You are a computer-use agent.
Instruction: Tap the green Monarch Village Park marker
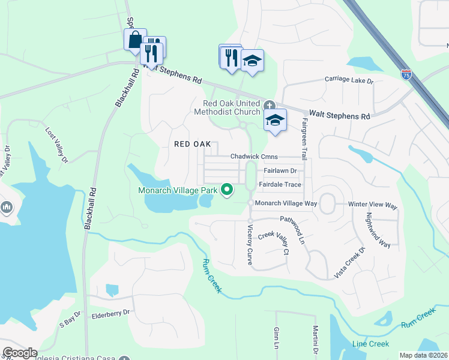(x=227, y=190)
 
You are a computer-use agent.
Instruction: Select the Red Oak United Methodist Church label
(x=231, y=107)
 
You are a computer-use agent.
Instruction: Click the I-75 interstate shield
(x=406, y=75)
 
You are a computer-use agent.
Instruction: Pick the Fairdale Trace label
(x=280, y=185)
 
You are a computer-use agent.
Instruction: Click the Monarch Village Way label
(x=286, y=204)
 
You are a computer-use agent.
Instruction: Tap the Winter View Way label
(x=373, y=205)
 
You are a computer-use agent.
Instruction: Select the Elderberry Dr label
(x=110, y=313)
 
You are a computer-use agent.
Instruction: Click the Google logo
(x=20, y=353)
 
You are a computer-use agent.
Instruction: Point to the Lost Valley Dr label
(x=57, y=144)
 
